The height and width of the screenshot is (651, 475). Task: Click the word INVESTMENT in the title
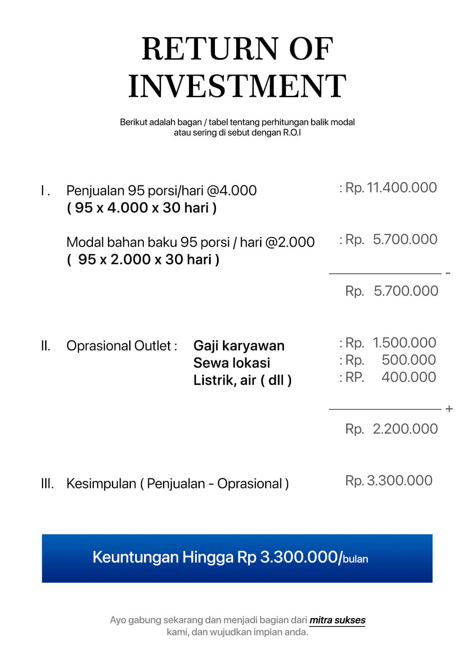[x=237, y=86]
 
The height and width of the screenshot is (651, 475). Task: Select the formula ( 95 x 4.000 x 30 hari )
[x=142, y=208]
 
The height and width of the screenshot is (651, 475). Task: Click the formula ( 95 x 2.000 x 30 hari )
[x=143, y=259]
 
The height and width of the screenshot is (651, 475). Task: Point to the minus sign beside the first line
[x=448, y=273]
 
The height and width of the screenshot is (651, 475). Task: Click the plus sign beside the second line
[x=449, y=409]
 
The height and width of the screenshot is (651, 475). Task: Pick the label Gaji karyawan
[x=239, y=346]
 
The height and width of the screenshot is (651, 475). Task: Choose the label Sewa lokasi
[x=231, y=363]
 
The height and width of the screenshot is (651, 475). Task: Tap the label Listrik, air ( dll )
[x=242, y=380]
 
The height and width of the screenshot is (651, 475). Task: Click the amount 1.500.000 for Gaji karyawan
[x=404, y=343]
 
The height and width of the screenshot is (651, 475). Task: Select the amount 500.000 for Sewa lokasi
[x=408, y=360]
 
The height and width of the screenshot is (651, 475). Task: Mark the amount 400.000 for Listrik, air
[x=408, y=377]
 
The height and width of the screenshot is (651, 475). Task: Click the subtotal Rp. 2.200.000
[x=391, y=429]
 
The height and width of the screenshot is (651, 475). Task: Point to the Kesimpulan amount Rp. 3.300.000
[x=389, y=480]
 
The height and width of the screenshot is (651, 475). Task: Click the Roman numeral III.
[x=47, y=484]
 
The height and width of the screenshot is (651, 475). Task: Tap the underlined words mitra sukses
[x=337, y=620]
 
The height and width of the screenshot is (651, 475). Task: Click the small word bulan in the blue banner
[x=355, y=559]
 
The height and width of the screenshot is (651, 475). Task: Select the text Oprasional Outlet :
[x=122, y=346]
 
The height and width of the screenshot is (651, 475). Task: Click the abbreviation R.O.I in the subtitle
[x=292, y=133]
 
